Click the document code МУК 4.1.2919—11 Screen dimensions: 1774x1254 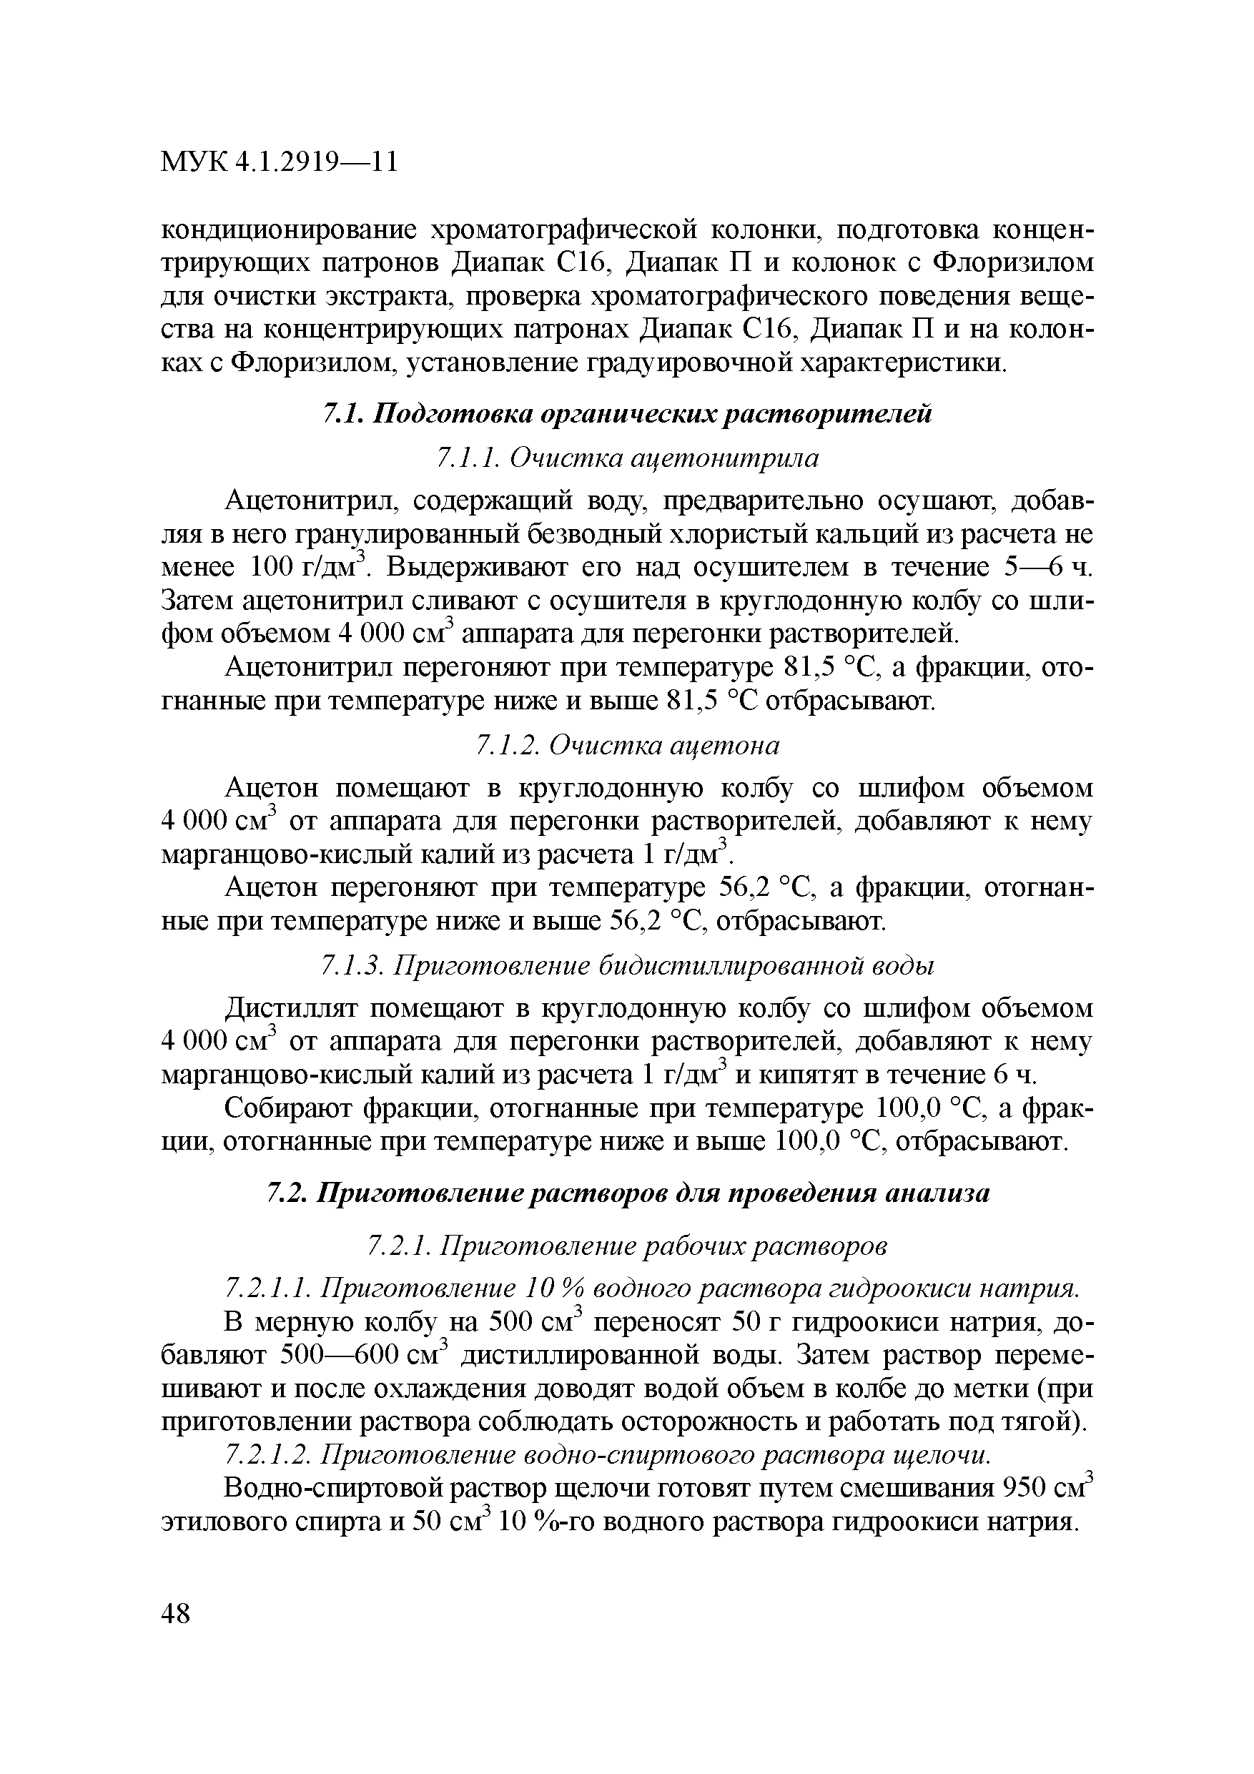(x=279, y=162)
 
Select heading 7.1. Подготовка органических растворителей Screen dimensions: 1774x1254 (x=626, y=414)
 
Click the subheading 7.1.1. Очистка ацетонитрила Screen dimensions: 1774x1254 (x=626, y=459)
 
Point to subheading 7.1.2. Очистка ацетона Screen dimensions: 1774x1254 (x=626, y=745)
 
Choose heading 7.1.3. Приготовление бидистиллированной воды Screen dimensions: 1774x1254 (x=626, y=966)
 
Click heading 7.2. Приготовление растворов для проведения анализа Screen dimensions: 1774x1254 (x=626, y=1193)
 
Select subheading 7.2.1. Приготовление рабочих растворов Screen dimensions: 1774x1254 (x=626, y=1246)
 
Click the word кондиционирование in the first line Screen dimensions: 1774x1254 (x=287, y=230)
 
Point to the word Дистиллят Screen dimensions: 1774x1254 (x=290, y=1008)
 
